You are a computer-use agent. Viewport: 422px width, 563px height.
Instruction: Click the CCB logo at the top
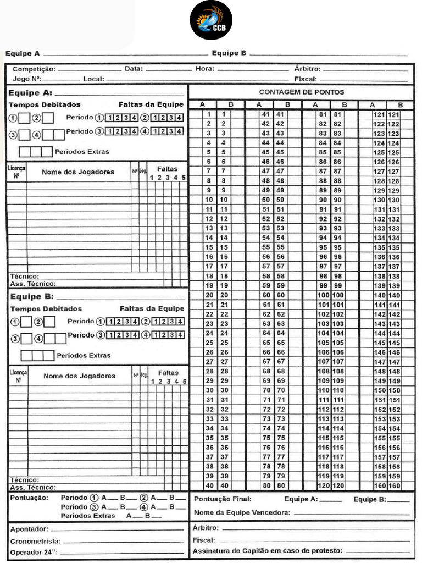coord(211,20)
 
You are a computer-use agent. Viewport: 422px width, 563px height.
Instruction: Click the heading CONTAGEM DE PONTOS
coord(302,92)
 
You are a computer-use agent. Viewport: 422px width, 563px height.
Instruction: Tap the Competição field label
coord(34,69)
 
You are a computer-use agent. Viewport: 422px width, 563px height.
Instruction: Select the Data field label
coord(134,69)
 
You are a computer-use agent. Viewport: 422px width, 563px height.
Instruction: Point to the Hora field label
coord(205,69)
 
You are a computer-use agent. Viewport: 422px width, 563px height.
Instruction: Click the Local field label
coord(93,79)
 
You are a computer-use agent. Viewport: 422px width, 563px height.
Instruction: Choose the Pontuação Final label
coord(223,499)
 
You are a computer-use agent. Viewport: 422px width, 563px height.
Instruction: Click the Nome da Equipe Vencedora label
coord(242,512)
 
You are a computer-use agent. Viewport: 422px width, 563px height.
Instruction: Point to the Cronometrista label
coord(34,541)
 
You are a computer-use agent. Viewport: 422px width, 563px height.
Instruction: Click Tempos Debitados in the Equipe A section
coord(45,104)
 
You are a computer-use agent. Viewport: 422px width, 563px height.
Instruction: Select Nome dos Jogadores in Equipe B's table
coord(79,376)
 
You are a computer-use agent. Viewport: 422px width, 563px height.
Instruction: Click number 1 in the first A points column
coord(209,114)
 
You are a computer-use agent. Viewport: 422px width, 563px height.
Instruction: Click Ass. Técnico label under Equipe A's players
coord(33,284)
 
